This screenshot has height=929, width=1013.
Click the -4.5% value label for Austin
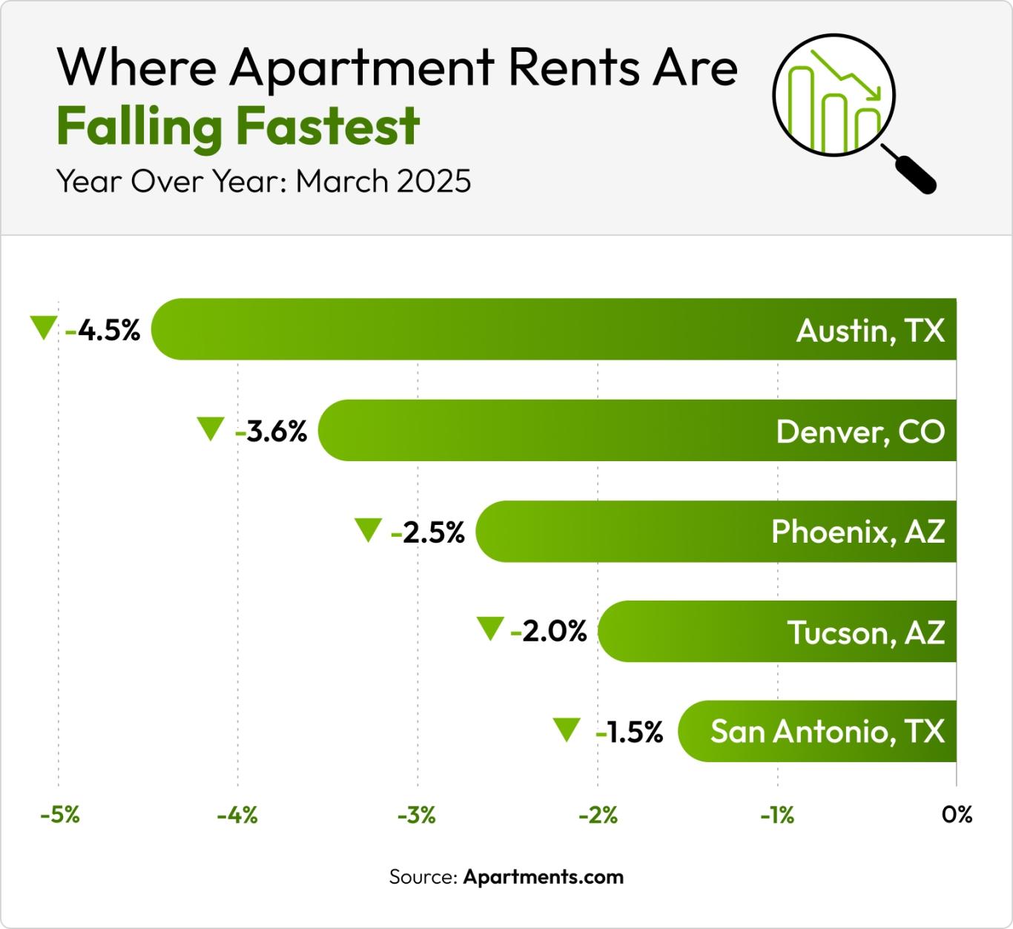point(103,330)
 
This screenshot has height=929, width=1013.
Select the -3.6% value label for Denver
point(271,431)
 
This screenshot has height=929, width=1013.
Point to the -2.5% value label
point(429,532)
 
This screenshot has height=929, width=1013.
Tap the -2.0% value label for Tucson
point(550,631)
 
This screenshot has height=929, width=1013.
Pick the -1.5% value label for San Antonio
point(630,732)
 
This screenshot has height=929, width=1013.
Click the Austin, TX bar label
point(871,330)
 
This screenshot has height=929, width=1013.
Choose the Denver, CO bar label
point(860,431)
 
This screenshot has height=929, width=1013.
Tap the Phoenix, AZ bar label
point(858,532)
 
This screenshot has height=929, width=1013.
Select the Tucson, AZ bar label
point(865,632)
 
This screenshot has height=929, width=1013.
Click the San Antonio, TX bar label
point(828,732)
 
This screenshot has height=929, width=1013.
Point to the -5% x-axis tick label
point(60,815)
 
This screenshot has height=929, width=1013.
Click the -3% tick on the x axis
point(418,815)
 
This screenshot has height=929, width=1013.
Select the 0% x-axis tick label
point(957,815)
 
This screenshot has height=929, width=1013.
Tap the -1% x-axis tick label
point(777,815)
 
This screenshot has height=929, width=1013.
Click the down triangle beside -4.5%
point(43,327)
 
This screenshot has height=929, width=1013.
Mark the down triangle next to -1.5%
point(567,729)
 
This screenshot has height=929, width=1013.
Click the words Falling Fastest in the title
point(239,126)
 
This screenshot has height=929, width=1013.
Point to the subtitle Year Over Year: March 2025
point(264,181)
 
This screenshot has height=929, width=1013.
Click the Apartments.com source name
point(544,877)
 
